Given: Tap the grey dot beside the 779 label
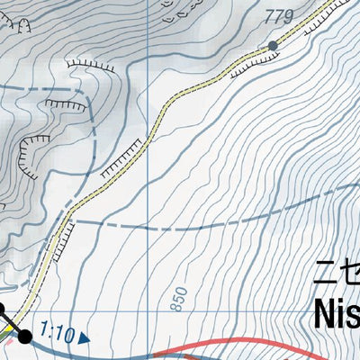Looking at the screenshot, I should pyautogui.click(x=273, y=45).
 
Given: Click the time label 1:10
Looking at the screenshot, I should pyautogui.click(x=57, y=334).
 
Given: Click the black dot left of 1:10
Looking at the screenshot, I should pyautogui.click(x=25, y=337).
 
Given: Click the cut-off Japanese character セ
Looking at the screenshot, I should pyautogui.click(x=354, y=271).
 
